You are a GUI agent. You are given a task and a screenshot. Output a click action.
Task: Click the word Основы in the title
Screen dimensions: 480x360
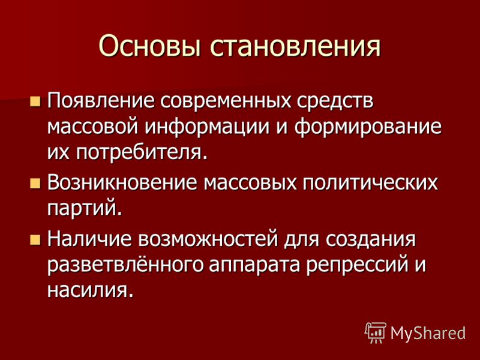coord(150,46)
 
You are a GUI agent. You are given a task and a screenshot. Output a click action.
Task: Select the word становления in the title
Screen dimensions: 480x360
coord(295,47)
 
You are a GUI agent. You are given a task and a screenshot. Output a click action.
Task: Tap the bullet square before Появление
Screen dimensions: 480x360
coord(35,101)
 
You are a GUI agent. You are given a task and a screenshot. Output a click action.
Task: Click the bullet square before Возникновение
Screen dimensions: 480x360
coord(35,184)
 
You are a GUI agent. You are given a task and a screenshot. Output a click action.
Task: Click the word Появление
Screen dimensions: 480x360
coord(101,101)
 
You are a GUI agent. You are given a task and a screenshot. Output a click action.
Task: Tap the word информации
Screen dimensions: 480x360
coord(207,128)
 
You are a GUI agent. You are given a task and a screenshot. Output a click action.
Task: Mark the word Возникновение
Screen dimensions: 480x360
coord(122,184)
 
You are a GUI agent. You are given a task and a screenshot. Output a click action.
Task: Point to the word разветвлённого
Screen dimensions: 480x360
coord(125,266)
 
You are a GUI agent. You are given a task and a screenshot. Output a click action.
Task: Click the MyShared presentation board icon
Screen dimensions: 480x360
coord(376,333)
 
